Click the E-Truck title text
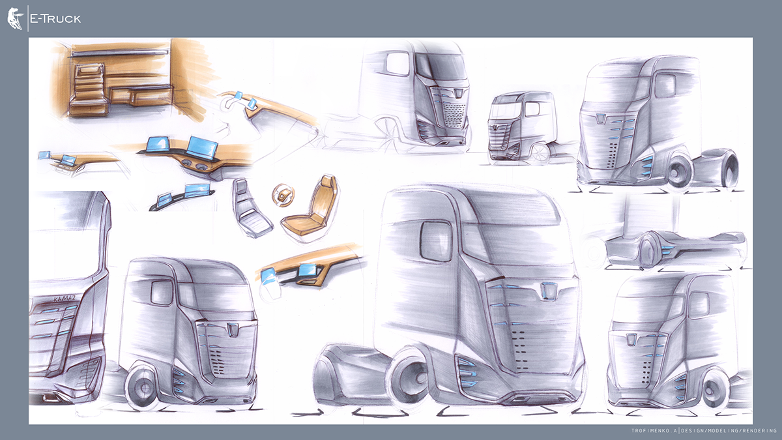(x=55, y=19)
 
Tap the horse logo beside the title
(x=15, y=18)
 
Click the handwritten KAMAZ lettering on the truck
(x=65, y=299)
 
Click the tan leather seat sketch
(x=310, y=206)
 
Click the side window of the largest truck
(x=437, y=241)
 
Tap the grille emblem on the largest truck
(x=548, y=291)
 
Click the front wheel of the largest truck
(x=409, y=379)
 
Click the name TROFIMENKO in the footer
(x=652, y=431)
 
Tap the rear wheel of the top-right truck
(x=730, y=168)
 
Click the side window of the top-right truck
(x=665, y=85)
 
